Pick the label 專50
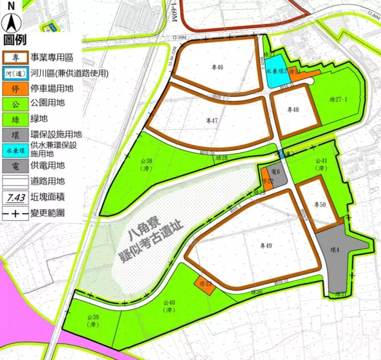click(x=320, y=204)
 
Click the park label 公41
click(x=322, y=164)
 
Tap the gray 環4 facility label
click(x=335, y=250)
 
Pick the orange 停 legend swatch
click(x=15, y=88)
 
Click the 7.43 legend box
click(x=15, y=198)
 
